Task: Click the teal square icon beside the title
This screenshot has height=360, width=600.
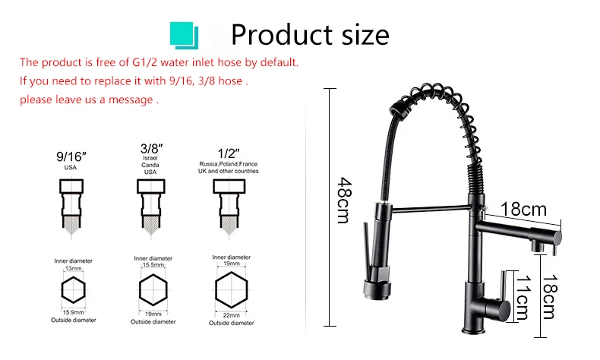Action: click(x=184, y=36)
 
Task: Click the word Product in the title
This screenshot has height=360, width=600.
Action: click(x=282, y=35)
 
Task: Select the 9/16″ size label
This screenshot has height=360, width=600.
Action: click(x=71, y=156)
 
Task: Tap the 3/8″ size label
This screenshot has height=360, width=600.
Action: click(x=151, y=148)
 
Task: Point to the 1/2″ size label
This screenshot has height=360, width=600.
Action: click(x=229, y=153)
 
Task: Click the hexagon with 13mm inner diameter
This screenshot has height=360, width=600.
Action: click(x=73, y=290)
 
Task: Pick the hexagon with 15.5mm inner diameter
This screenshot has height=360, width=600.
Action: click(x=153, y=290)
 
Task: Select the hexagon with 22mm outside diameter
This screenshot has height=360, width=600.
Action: click(x=231, y=290)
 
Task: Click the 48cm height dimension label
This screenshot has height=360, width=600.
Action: click(x=343, y=200)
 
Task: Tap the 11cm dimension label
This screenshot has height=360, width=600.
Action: click(x=523, y=297)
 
